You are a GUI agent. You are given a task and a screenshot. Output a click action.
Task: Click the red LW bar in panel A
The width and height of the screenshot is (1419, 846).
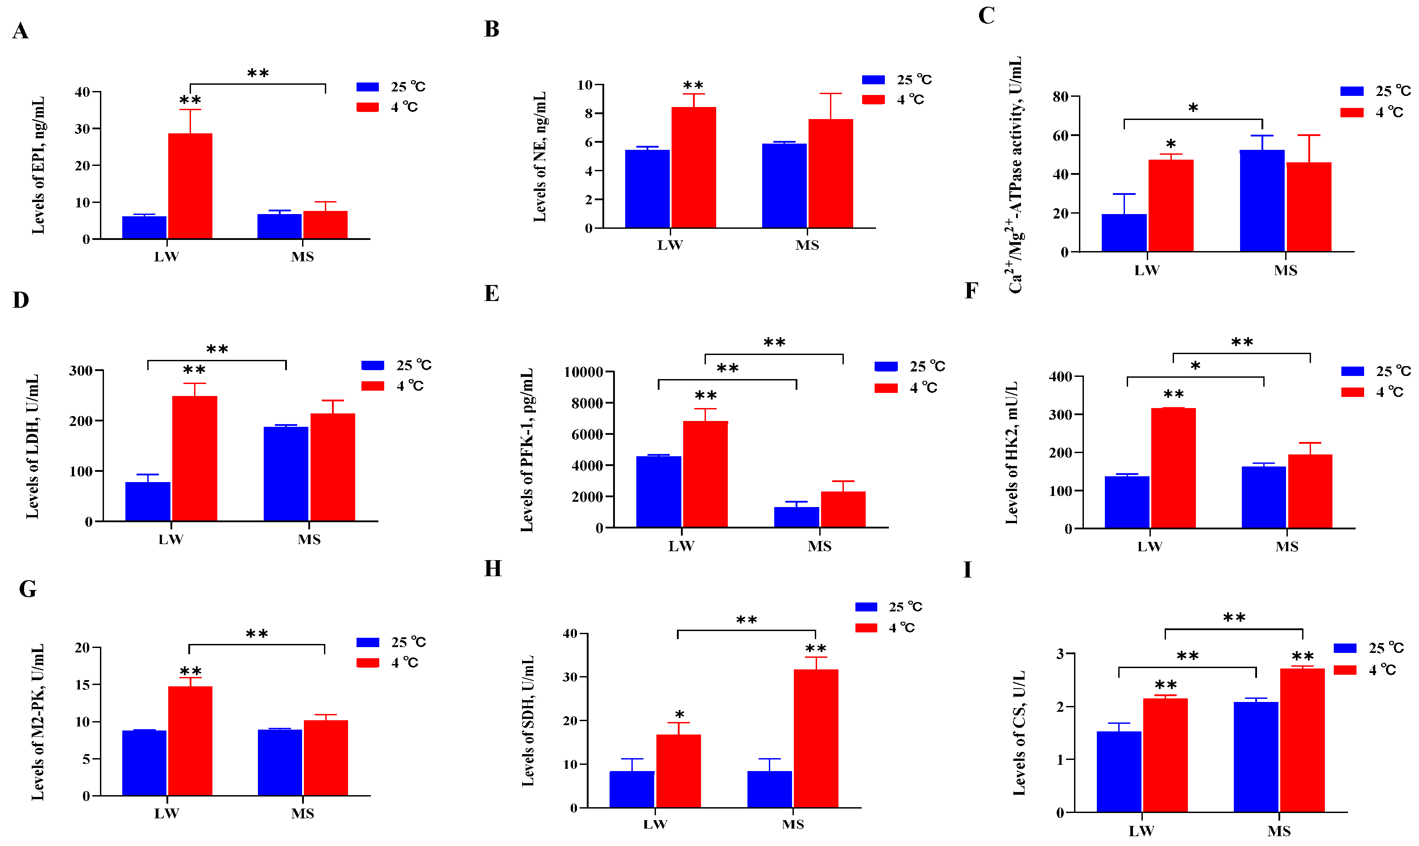[190, 186]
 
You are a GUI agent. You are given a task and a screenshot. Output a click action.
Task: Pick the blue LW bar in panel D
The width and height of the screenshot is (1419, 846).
[148, 501]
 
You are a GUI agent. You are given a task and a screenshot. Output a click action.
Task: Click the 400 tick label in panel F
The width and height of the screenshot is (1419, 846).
[1060, 376]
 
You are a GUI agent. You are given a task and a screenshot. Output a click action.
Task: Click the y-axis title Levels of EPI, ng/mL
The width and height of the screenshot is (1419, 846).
[37, 165]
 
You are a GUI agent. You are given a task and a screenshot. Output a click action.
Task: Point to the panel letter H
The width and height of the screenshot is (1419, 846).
[493, 569]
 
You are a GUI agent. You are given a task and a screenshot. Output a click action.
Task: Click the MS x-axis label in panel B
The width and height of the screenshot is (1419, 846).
[807, 245]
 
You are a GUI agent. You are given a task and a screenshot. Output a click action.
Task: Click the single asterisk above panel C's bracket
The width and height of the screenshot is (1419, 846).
[1193, 108]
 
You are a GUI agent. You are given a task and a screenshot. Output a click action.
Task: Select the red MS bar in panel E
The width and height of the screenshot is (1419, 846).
[843, 509]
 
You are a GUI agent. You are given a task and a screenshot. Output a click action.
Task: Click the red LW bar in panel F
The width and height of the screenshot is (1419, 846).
[1173, 468]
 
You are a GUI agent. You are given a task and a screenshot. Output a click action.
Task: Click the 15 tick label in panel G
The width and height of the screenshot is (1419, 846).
[82, 685]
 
